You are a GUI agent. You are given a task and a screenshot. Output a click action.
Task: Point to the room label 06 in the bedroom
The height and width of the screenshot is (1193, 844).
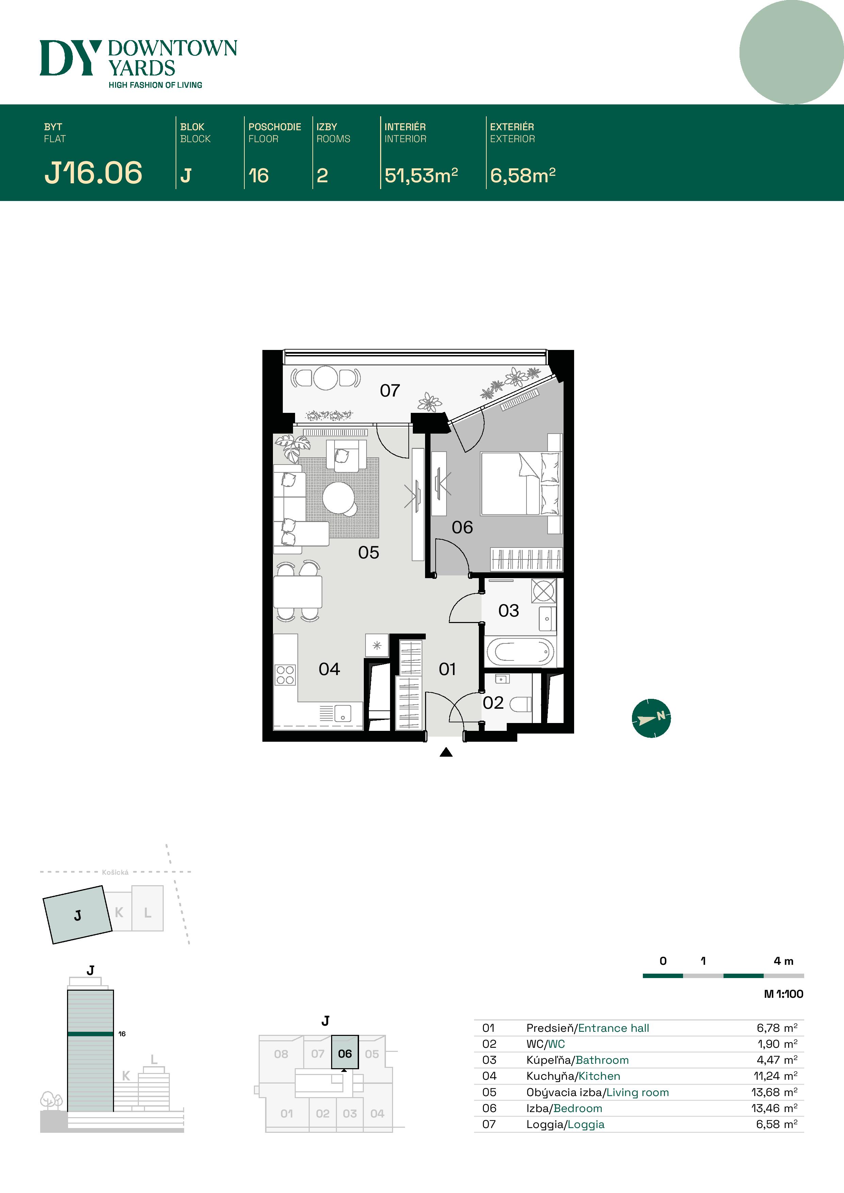pos(462,527)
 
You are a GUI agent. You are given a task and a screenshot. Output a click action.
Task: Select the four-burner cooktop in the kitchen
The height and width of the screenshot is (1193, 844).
pos(285,675)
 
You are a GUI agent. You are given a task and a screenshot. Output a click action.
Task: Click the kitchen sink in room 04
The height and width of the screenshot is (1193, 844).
pos(342,713)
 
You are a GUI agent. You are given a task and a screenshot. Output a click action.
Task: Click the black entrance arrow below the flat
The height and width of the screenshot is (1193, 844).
pos(446,752)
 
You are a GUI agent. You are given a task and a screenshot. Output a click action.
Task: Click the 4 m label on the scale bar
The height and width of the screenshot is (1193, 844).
pos(783,961)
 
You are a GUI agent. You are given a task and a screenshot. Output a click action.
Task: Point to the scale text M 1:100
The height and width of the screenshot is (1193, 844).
pos(783,994)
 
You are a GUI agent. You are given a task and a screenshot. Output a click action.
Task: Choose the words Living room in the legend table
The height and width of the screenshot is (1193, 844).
pos(637,1092)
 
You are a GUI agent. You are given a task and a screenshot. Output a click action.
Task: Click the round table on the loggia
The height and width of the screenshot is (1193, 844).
pos(326,378)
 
